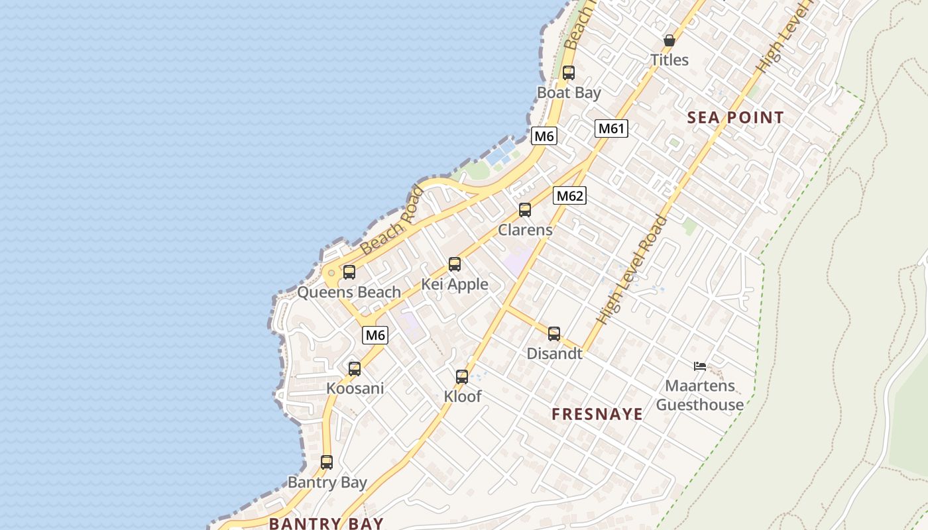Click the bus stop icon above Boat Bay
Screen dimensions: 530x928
pos(568,73)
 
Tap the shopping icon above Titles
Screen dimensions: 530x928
pos(669,40)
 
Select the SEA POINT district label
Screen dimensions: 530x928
pos(735,118)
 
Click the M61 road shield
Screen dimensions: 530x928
pos(610,129)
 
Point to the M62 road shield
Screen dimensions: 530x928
pos(569,195)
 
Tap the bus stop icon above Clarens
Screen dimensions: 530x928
pos(525,210)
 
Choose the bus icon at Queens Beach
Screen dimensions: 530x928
pos(349,272)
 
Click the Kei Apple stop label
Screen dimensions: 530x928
pos(455,285)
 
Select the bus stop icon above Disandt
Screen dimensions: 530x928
pos(554,334)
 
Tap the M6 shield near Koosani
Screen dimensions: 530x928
pos(375,335)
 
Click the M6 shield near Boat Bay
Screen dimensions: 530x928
pos(544,136)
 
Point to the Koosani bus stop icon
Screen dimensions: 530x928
pos(355,369)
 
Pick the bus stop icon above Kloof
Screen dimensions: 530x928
pos(462,377)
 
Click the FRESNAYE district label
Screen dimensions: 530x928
pos(597,415)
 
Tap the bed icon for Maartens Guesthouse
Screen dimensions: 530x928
pos(700,366)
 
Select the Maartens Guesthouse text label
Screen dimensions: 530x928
pos(700,395)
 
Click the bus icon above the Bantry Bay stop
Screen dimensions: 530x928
pos(327,462)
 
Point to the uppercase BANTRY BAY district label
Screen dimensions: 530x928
pos(326,523)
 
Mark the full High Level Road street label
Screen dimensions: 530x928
pos(632,270)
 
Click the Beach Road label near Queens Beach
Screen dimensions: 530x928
pos(392,221)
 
